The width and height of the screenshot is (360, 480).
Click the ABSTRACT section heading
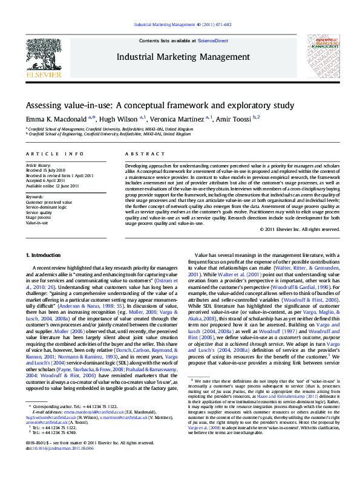click(x=137, y=154)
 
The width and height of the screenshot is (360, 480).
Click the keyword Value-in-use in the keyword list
click(x=38, y=222)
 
